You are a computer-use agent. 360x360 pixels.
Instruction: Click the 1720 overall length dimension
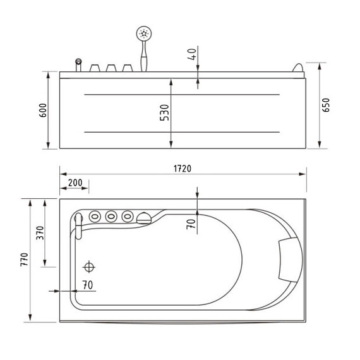click(183, 169)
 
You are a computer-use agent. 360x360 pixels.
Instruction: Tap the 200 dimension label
click(75, 183)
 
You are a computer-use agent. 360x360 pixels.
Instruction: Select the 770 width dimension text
click(24, 260)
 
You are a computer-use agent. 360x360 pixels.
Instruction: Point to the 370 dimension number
click(40, 233)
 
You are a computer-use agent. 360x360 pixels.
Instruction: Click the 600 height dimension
click(43, 111)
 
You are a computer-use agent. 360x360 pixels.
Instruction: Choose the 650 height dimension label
click(325, 105)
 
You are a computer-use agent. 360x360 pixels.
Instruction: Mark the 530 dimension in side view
click(164, 112)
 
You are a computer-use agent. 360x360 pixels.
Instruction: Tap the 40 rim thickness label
click(192, 54)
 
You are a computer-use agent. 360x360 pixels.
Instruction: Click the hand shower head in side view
click(144, 33)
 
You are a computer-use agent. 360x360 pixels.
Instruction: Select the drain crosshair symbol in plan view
click(89, 267)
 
